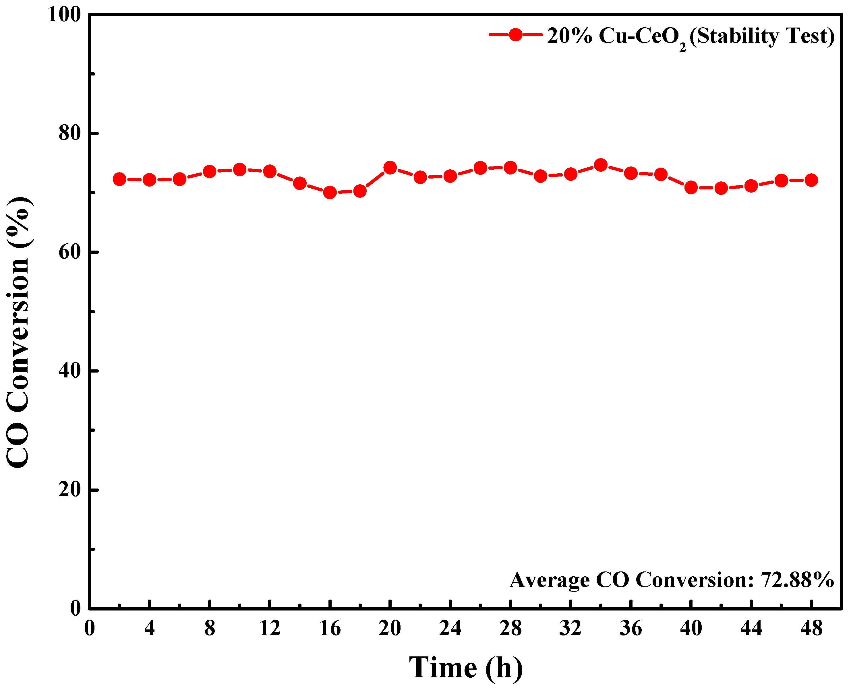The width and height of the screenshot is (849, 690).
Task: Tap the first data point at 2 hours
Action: [119, 179]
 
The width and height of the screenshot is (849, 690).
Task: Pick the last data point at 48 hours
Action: [811, 180]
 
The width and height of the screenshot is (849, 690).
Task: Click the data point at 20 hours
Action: [390, 168]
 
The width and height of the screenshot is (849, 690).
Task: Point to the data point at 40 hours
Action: [691, 187]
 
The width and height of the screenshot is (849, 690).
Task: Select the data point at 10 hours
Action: [239, 170]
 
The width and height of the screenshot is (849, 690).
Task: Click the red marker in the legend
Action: [516, 34]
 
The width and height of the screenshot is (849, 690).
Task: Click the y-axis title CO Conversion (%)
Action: [19, 332]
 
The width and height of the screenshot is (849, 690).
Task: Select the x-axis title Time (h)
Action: [466, 668]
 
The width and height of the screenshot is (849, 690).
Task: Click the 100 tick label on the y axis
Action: [64, 15]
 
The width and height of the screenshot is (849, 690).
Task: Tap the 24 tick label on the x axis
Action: [450, 628]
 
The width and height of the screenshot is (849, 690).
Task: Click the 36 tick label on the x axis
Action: [631, 628]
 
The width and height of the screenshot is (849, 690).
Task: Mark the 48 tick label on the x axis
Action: [811, 628]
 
